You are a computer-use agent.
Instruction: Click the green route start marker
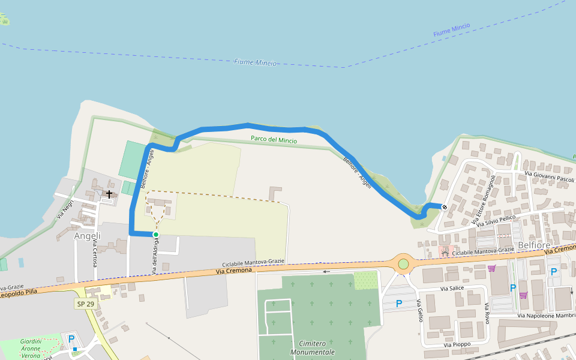(156, 235)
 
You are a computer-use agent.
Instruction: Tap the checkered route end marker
(445, 208)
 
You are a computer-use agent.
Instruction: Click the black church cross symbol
(109, 194)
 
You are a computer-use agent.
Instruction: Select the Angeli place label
(88, 236)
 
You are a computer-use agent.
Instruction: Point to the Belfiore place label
(534, 245)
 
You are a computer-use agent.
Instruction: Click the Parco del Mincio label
(274, 140)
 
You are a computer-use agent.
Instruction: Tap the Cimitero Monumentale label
(312, 347)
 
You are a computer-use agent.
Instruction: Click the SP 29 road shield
(85, 304)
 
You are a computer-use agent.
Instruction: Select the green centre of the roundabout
(403, 264)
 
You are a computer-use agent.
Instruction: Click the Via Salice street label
(452, 289)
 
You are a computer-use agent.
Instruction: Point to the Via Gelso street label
(419, 310)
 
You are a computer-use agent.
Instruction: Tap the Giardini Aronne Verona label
(30, 348)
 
